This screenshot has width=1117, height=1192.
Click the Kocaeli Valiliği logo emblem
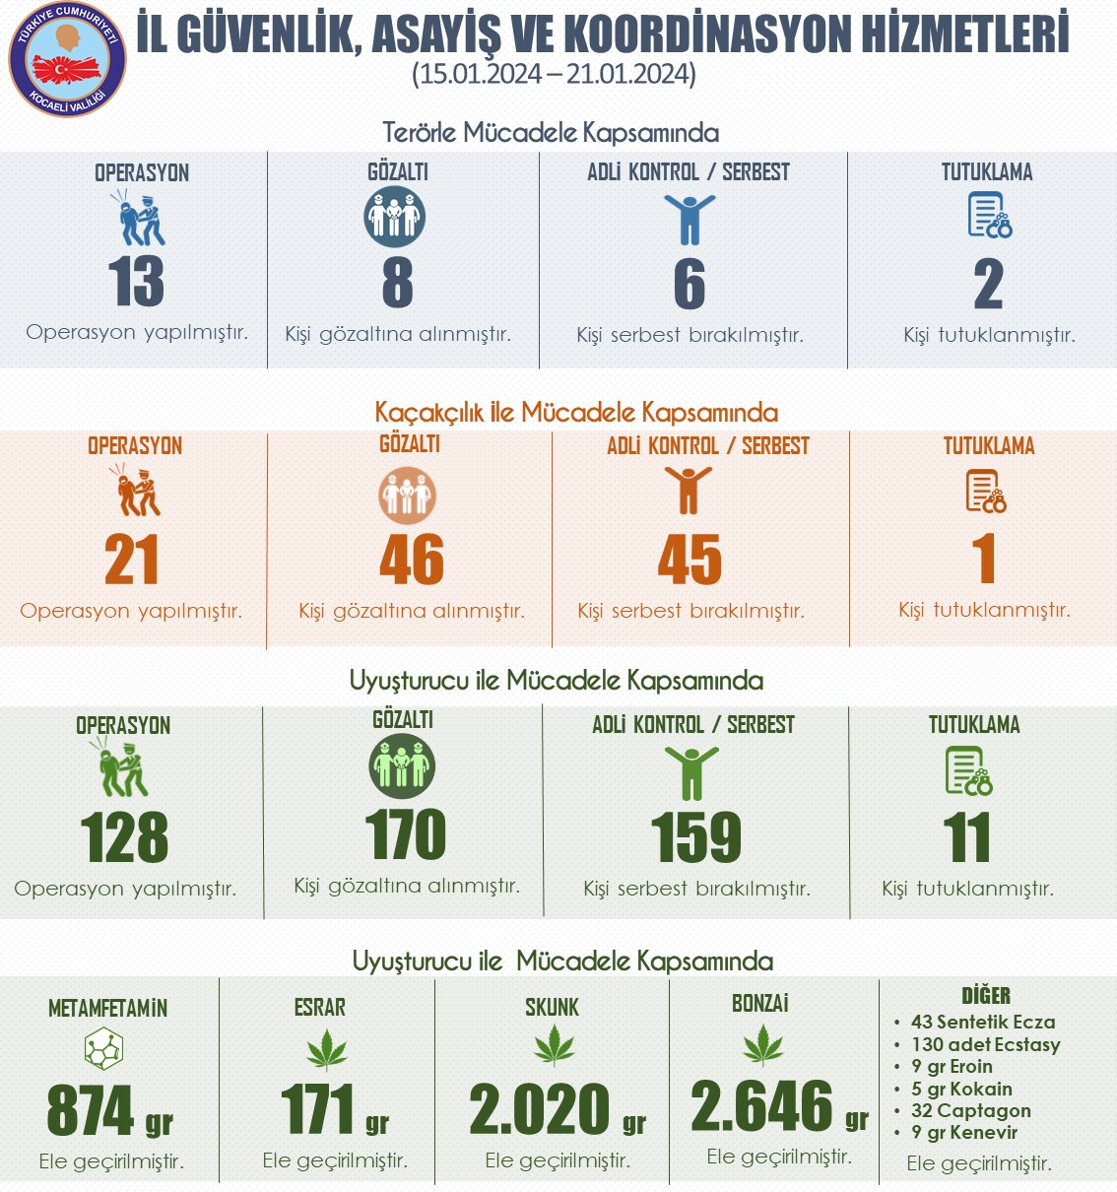click(x=67, y=60)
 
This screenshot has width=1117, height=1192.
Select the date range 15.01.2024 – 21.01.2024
click(x=554, y=75)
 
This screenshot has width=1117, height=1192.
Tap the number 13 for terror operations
click(x=136, y=282)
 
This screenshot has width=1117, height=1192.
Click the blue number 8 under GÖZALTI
click(x=397, y=282)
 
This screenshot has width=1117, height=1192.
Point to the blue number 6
click(x=690, y=284)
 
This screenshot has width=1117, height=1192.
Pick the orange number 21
click(x=131, y=561)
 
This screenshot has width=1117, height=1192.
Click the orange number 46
click(x=412, y=560)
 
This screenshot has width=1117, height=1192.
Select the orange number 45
click(x=690, y=560)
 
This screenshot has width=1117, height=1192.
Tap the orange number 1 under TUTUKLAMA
click(x=983, y=559)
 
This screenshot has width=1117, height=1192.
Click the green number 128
click(x=124, y=838)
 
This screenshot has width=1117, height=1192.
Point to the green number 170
click(x=405, y=835)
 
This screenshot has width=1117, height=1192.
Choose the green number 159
click(x=696, y=838)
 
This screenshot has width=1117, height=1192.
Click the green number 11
click(x=966, y=838)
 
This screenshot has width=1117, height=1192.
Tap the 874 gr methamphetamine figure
click(x=109, y=1111)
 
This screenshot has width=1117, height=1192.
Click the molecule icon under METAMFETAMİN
click(x=103, y=1049)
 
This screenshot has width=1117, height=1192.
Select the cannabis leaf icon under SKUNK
click(x=554, y=1046)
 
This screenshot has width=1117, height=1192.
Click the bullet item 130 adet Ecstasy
click(x=985, y=1044)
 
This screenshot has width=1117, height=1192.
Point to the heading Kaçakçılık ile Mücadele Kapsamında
click(x=576, y=412)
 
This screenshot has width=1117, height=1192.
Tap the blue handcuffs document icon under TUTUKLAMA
click(x=989, y=216)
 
